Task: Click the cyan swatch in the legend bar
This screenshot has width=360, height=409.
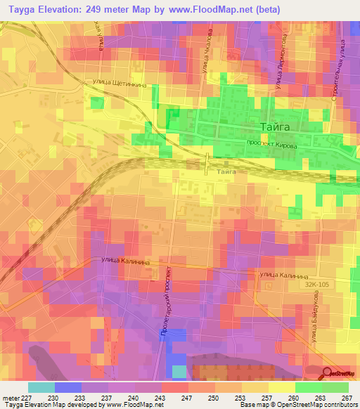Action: coord(41,387)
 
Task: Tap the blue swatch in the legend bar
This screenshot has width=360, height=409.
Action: coord(68,387)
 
